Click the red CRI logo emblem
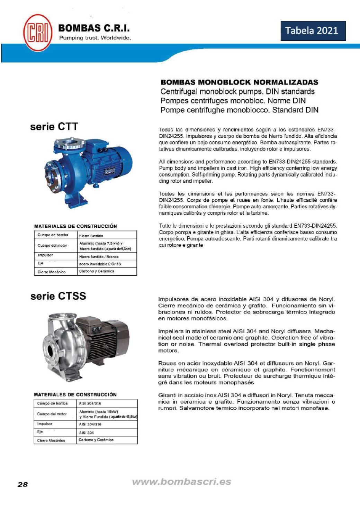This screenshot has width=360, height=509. coord(38,33)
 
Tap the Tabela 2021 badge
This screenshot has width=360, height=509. coord(313,31)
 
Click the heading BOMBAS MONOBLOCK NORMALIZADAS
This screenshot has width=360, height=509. coord(239,82)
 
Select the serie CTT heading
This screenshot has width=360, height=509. coord(54,127)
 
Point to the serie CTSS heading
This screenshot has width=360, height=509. coord(58,296)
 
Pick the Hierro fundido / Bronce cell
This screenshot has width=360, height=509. coord(99,257)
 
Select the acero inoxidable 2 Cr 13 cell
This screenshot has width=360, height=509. coord(100,264)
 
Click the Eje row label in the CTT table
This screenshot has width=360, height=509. coord(40,263)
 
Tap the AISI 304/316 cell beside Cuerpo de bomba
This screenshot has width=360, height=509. coord(90,403)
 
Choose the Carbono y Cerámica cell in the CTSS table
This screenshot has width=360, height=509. coord(96,440)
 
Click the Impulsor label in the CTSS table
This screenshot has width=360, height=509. coord(45,424)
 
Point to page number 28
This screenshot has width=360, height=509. coord(22,484)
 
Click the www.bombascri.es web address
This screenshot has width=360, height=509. coord(181,482)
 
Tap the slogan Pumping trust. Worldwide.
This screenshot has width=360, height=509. coord(95,38)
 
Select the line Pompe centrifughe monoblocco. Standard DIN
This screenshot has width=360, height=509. coord(239,110)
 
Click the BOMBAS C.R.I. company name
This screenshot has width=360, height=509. coord(94,28)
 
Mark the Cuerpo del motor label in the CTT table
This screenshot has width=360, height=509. coord(52,245)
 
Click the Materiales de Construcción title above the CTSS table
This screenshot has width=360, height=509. coord(75,394)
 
